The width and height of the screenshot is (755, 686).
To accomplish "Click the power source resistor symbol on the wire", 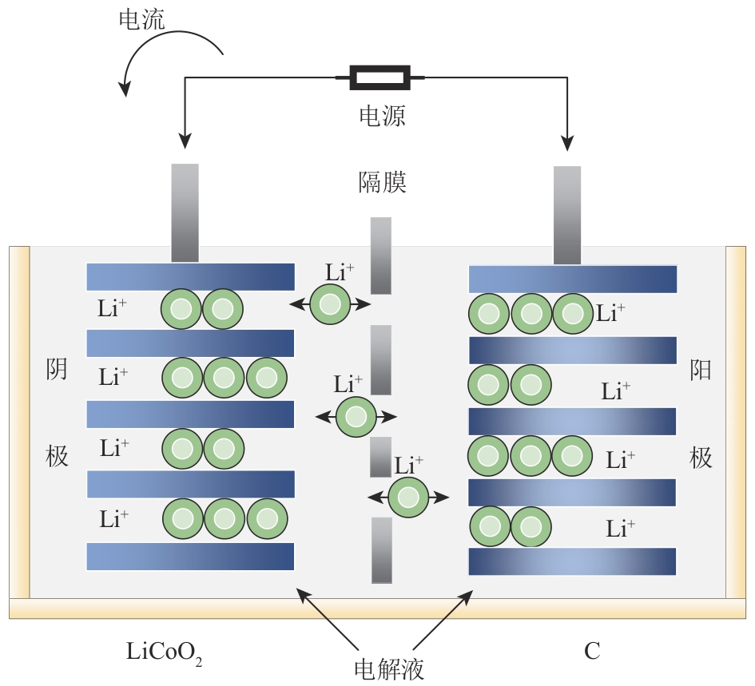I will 381,77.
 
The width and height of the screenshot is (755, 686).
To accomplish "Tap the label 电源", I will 381,116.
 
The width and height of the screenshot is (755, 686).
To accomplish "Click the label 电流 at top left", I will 141,19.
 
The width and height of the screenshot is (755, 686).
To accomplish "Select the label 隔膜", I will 382,182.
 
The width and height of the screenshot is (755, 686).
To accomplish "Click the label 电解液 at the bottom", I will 388,667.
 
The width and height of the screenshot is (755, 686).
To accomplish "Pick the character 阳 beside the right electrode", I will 701,370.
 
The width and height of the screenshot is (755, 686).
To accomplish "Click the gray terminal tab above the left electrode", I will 185,212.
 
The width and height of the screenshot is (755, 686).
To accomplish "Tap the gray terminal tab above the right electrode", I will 567,214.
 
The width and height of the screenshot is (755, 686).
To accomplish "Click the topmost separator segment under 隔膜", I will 381,255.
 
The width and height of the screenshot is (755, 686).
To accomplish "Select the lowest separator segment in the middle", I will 382,550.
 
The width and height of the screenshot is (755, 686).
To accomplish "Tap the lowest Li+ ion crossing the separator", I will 408,497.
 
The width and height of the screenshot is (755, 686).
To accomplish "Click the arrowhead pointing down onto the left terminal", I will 185,141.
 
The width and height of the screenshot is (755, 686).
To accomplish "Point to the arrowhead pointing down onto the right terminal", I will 567,143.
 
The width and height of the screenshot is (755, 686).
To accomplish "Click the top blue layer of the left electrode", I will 190,276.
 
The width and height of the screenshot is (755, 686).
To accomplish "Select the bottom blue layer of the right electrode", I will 572,561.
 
